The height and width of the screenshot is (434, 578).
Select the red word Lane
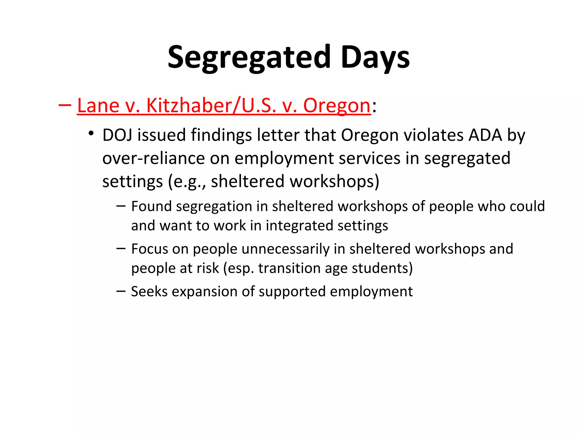[x=98, y=106]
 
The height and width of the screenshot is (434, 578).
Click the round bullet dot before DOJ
[x=91, y=133]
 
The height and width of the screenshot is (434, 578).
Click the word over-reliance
[x=153, y=158]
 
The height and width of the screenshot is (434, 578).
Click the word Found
[x=151, y=206]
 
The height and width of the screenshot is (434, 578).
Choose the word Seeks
[x=149, y=291]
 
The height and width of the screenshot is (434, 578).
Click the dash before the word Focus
[x=121, y=249]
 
